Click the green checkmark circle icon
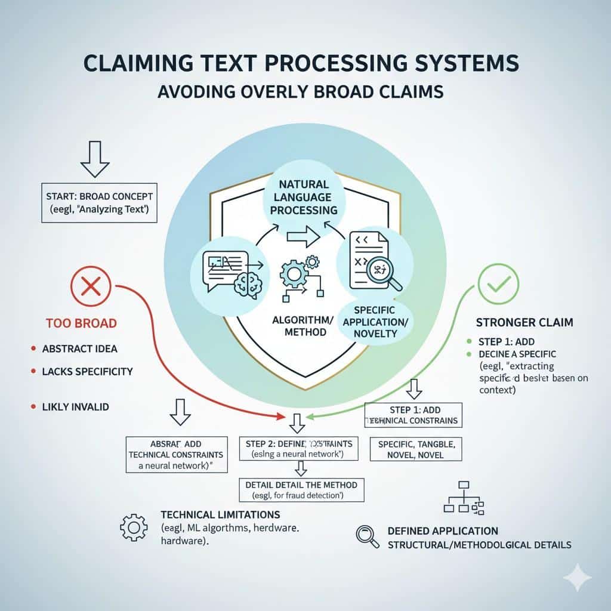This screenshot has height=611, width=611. pos(498,284)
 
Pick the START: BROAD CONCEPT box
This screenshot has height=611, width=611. pos(99,203)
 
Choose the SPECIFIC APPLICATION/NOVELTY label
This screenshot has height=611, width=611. pos(375,322)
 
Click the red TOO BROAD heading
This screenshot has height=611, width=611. pos(81,323)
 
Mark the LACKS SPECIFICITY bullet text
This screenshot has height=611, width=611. pos(87,372)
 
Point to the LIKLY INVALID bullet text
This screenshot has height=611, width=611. pos(75,406)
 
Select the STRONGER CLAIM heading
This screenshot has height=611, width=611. pos(524,322)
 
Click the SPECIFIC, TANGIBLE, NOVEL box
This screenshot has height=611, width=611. pos(415,450)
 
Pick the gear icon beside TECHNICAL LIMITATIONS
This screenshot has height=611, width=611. pos(134,527)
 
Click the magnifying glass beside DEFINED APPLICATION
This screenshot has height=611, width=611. pos(366,536)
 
